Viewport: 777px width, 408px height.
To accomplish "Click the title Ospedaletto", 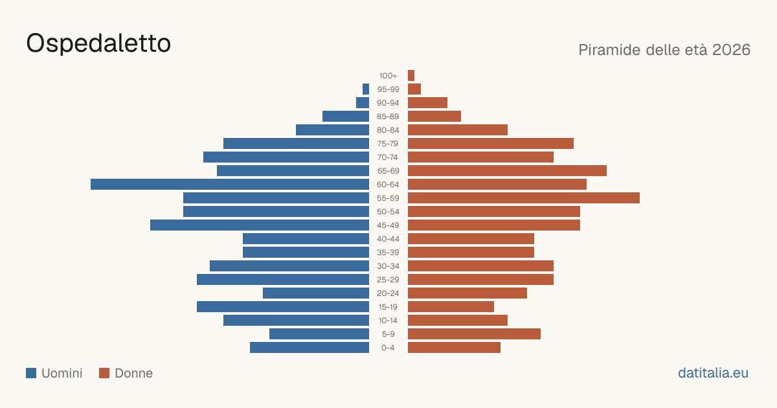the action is (98, 43).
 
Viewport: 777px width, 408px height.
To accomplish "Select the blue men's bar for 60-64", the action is (230, 184).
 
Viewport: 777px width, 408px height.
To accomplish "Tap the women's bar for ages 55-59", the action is (524, 198).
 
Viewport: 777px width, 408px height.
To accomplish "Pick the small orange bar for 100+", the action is (411, 75).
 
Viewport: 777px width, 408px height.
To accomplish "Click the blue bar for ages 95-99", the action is (366, 89).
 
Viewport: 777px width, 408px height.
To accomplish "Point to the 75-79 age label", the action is (388, 144).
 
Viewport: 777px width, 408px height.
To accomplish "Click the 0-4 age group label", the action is (388, 348).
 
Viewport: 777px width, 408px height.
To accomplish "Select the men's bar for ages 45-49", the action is (260, 225).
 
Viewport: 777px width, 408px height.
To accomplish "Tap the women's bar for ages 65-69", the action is (507, 171).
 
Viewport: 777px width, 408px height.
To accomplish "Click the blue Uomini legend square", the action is (31, 373).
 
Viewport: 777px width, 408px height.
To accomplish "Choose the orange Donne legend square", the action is (104, 373).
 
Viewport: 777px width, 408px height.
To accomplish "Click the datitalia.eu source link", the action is (713, 373).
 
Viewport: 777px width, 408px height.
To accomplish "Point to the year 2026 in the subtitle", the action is (731, 50).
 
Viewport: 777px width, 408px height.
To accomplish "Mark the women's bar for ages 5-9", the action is (474, 334).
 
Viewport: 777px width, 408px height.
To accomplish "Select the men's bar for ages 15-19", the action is (283, 307).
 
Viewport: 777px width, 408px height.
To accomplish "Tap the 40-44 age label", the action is (388, 239).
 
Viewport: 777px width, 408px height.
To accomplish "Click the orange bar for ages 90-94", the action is (428, 103).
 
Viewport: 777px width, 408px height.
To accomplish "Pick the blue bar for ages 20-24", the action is (316, 293).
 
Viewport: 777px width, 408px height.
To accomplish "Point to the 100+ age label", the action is (388, 76).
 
